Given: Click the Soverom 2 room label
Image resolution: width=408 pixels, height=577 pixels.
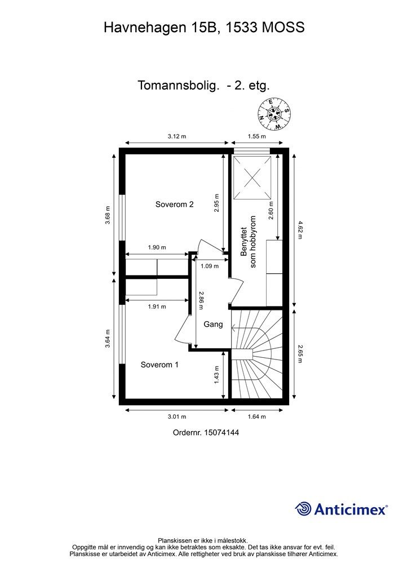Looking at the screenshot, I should (175, 205).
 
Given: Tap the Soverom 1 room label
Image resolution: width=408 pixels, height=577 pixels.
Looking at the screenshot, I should (159, 365).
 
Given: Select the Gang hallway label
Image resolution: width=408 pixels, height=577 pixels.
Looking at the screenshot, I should (213, 325).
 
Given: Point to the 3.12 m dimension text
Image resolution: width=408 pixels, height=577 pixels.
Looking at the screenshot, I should (176, 136).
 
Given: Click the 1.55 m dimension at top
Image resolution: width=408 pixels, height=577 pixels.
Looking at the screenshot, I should (256, 136).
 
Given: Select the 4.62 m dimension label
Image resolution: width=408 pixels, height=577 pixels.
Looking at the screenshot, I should (300, 230).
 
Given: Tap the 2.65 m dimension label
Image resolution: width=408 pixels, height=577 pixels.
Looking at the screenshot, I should (300, 354).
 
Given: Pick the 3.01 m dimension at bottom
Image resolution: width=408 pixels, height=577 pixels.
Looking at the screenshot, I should (176, 416).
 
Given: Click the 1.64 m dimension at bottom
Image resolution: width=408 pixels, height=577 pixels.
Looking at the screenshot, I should (256, 416).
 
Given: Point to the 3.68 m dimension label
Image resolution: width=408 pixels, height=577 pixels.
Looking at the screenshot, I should (108, 215).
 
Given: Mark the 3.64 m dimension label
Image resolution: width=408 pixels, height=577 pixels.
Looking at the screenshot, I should (108, 343).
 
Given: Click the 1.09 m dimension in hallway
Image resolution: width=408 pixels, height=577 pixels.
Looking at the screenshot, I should (209, 267).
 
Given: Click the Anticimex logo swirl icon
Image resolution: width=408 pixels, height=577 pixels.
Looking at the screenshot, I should (303, 509).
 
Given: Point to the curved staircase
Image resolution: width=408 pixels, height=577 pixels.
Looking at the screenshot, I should (256, 355).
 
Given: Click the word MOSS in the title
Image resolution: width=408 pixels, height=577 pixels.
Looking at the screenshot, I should (284, 26).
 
